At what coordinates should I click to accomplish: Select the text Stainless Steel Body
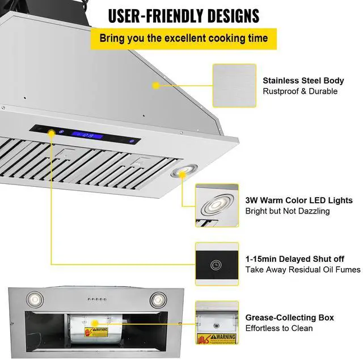303,81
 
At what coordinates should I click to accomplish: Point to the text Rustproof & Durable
299,91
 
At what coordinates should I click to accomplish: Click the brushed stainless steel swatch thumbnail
234,85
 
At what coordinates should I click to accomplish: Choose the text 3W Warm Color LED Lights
299,200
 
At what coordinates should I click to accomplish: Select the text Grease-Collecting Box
289,317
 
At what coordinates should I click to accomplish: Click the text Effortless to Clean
278,328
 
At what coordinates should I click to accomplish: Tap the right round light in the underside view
157,299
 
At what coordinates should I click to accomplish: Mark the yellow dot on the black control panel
53,133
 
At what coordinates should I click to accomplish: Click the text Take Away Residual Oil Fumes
302,270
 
